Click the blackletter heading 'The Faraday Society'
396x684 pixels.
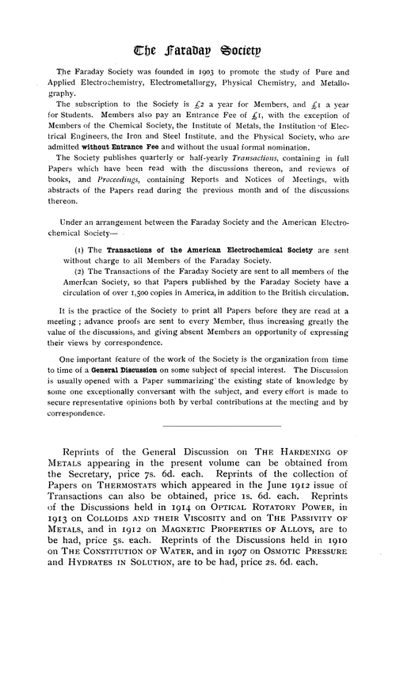click(x=198, y=32)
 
